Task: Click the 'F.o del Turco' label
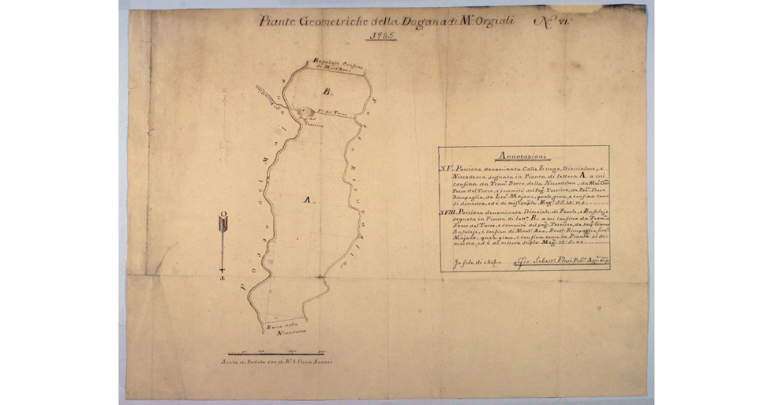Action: click(x=336, y=114)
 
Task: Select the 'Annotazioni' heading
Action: click(x=522, y=155)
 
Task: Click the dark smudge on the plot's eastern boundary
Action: click(x=320, y=278)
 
